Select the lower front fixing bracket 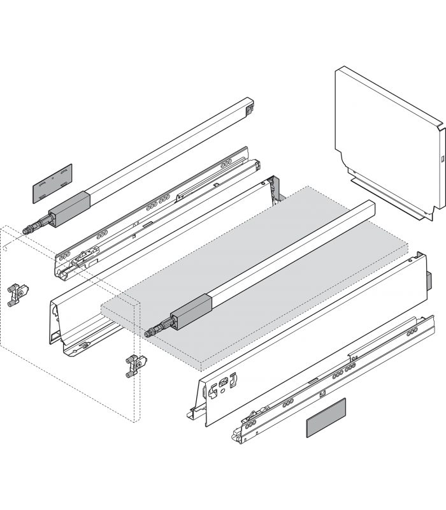[x=132, y=367]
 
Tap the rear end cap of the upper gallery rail [x=249, y=110]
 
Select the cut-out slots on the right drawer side [x=226, y=383]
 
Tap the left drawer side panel [x=159, y=268]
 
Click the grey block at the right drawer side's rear [x=430, y=279]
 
